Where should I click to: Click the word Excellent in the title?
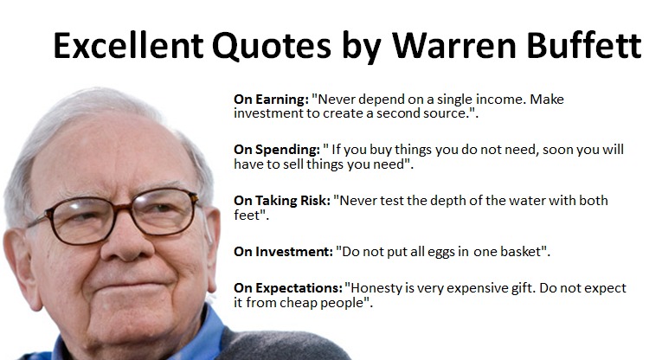pyautogui.click(x=128, y=45)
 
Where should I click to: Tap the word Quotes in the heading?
pyautogui.click(x=272, y=46)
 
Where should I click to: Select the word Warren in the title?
pyautogui.click(x=454, y=45)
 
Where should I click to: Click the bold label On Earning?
pyautogui.click(x=272, y=100)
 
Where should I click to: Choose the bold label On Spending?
pyautogui.click(x=277, y=150)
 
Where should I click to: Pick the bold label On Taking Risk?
pyautogui.click(x=282, y=201)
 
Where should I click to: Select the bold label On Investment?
pyautogui.click(x=283, y=252)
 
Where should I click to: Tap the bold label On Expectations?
pyautogui.click(x=288, y=288)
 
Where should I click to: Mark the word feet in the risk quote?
pyautogui.click(x=245, y=215)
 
